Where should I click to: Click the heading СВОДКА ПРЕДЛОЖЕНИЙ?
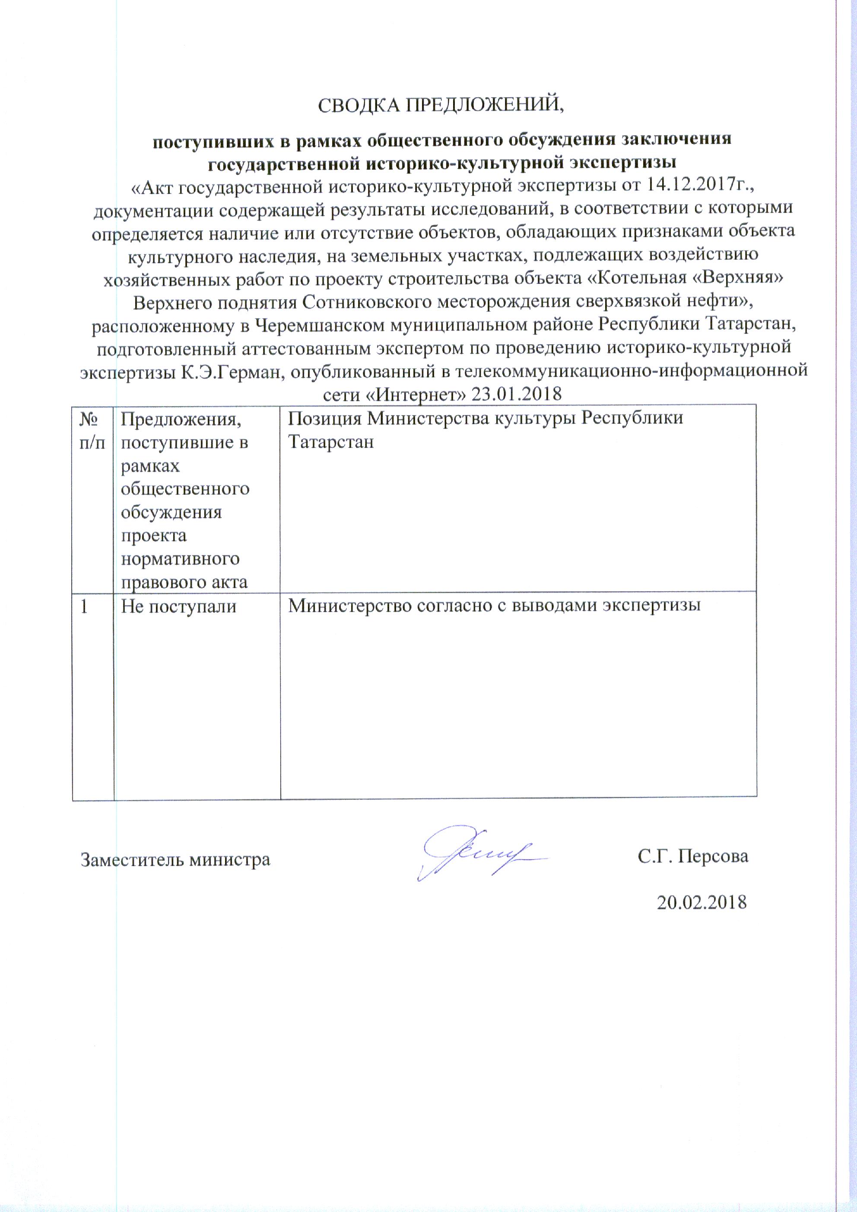(x=441, y=105)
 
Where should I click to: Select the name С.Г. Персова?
(x=693, y=856)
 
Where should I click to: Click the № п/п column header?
(x=92, y=431)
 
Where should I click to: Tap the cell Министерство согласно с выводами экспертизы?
(x=494, y=605)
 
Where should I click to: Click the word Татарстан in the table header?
(x=331, y=442)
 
